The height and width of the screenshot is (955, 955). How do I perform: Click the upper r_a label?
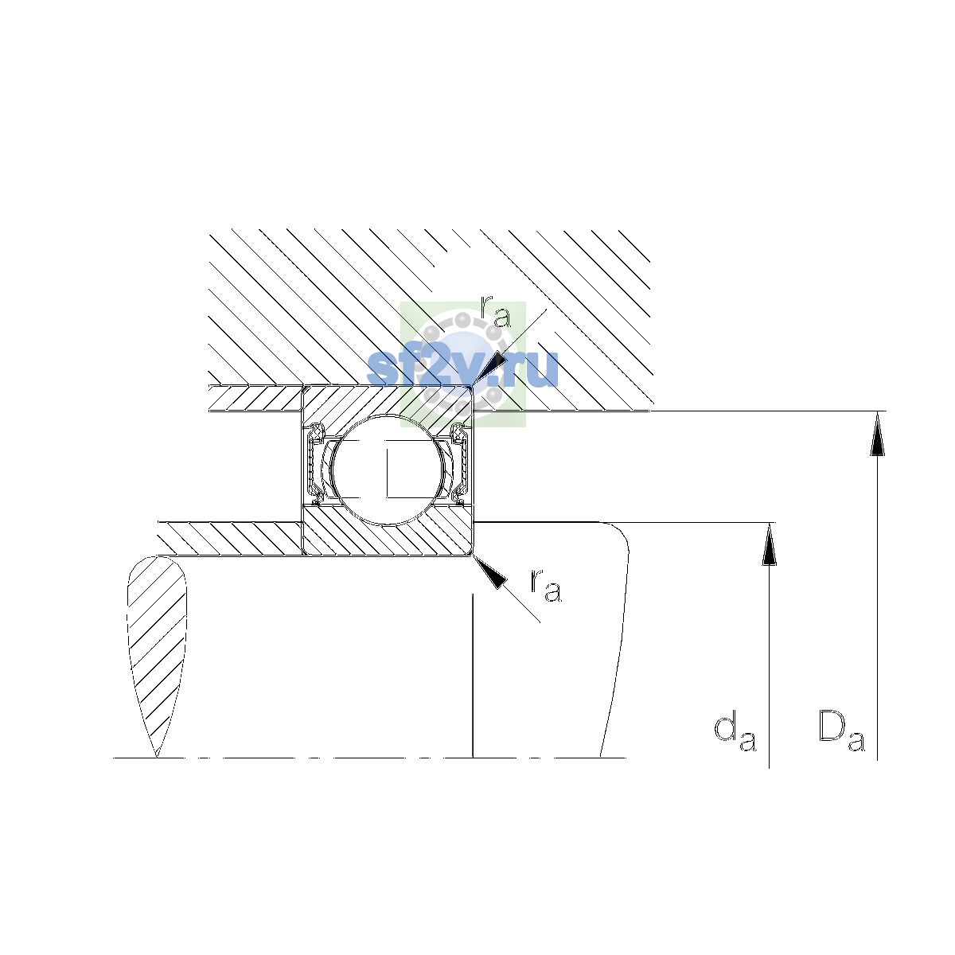496,311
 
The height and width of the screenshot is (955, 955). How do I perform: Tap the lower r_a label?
546,587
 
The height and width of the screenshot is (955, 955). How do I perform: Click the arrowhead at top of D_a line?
877,434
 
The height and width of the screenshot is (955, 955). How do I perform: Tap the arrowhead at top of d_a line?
769,544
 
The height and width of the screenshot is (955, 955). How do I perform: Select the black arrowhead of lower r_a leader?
489,572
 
